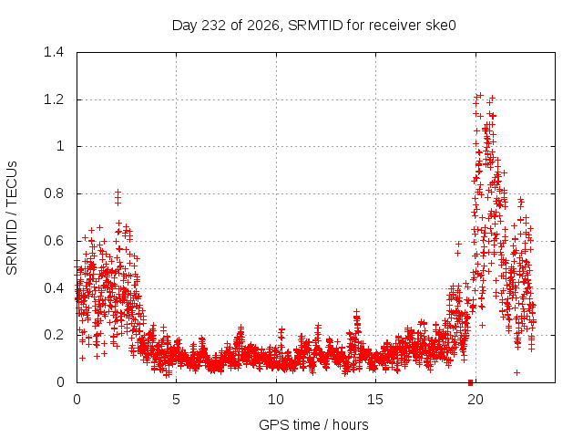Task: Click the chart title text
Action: pos(313,26)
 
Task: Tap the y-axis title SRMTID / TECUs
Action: pos(12,218)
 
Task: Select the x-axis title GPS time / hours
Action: pos(313,424)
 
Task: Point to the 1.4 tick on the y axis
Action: pos(54,52)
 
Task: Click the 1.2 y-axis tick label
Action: pos(54,99)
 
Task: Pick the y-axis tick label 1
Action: pos(60,146)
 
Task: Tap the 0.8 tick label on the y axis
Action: pos(54,193)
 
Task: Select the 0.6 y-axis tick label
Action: pos(54,241)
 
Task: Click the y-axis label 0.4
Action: pos(54,288)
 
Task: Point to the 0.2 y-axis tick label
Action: pos(54,335)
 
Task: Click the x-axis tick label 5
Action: pos(176,400)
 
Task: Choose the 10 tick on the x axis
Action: pos(276,400)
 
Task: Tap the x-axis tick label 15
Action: pos(375,400)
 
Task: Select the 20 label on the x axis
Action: pos(476,400)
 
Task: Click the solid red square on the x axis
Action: pos(470,382)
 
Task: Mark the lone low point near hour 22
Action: pos(517,372)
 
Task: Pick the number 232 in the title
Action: pos(213,26)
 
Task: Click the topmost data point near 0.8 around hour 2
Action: pos(118,192)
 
